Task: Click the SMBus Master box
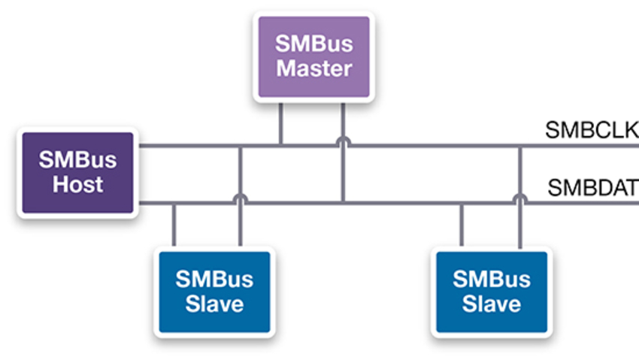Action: coord(314,56)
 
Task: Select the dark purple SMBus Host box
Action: coord(77,172)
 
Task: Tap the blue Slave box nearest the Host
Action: coord(214,292)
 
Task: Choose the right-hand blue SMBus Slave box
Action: coord(491,292)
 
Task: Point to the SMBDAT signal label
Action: coord(592,186)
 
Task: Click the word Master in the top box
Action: coord(314,69)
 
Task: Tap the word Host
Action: coord(77,185)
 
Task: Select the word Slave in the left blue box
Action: coord(214,304)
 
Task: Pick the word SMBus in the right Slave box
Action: coord(491,280)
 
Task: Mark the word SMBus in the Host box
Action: coord(77,160)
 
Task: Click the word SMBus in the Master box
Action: coord(314,44)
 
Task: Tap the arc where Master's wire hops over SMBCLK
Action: coord(343,141)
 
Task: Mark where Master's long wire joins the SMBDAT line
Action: coord(343,202)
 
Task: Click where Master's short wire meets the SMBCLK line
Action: coord(280,144)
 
